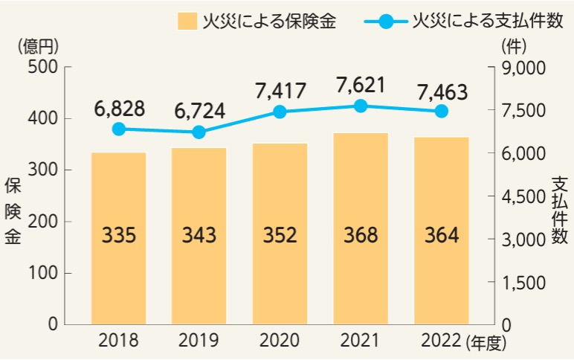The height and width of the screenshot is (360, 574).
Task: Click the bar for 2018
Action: (119, 238)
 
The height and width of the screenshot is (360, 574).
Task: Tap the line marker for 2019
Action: (199, 132)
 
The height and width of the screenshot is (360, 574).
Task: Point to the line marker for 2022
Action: (441, 112)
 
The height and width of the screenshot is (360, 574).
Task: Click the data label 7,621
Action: (361, 85)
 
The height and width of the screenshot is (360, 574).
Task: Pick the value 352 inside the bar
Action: (280, 236)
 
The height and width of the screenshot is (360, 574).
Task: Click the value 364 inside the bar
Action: (441, 236)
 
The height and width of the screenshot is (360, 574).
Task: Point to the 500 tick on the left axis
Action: (42, 68)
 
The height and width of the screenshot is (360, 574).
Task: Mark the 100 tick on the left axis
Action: (42, 273)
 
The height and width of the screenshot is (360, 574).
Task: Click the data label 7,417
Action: (280, 91)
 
